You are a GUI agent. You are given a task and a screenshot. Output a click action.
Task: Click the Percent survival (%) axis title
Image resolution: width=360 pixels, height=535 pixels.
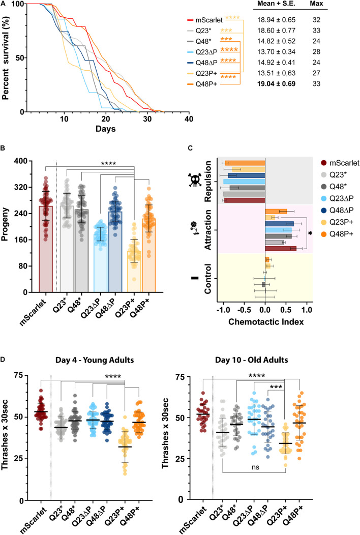pyautogui.click(x=7, y=57)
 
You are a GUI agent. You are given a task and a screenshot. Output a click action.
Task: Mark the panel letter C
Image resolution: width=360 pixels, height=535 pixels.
pyautogui.click(x=190, y=148)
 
